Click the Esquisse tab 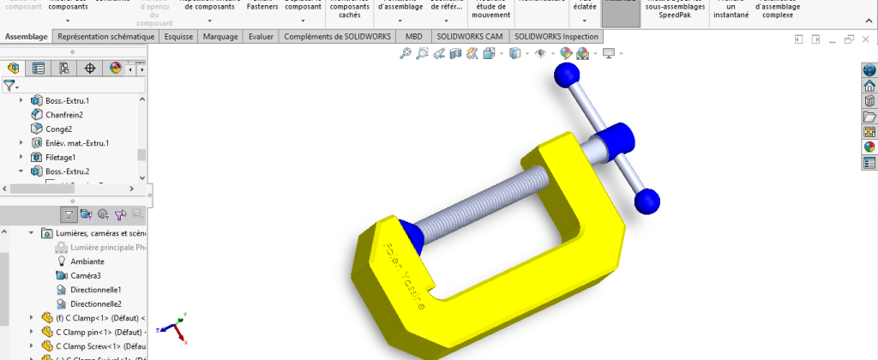coord(178,37)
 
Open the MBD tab coord(413,37)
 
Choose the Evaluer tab coord(261,37)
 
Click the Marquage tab coord(220,37)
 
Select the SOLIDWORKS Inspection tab coord(555,37)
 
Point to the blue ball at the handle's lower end coord(647,201)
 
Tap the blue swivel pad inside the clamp coord(410,237)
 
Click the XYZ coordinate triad coord(175,327)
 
